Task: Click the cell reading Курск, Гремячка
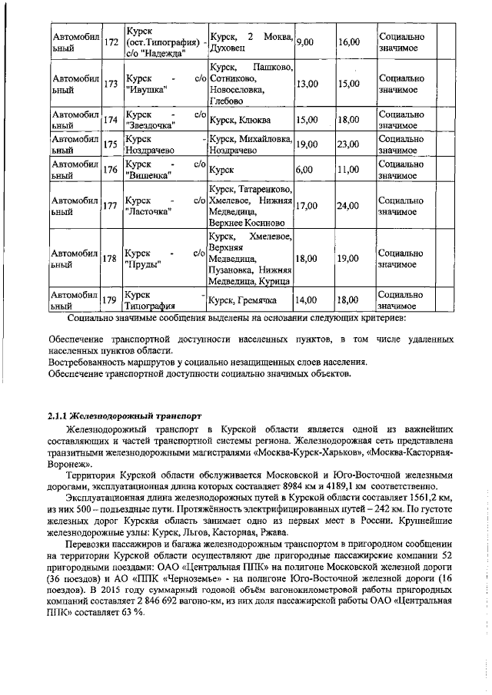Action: [246, 300]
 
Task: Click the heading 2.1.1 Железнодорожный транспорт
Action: [118, 415]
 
